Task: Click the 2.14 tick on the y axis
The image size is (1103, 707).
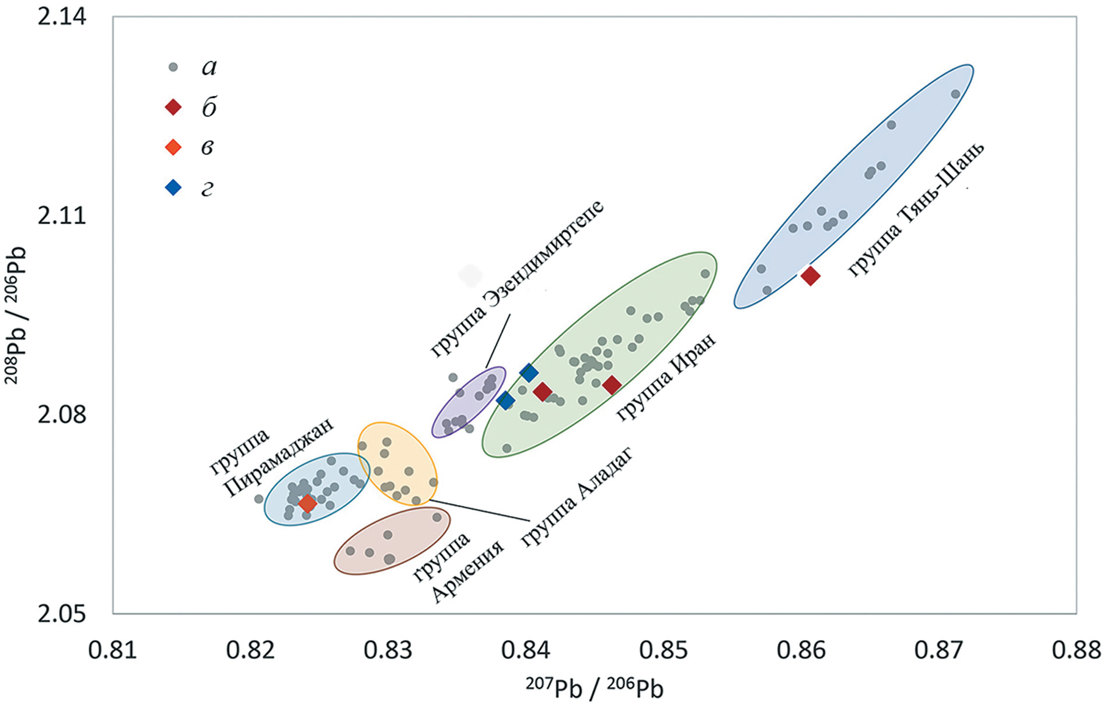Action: tap(62, 16)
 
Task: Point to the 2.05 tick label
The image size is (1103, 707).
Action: tap(62, 614)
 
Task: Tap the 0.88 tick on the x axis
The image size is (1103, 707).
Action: tap(1076, 650)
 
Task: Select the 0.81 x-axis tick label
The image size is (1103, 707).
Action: tap(113, 650)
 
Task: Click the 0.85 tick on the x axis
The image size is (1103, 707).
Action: tap(663, 650)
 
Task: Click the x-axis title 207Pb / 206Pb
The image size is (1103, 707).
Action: tap(594, 687)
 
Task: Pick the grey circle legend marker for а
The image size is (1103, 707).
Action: tap(173, 67)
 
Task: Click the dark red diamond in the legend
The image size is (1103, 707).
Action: tap(173, 107)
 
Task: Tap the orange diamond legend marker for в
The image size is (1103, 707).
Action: tap(173, 147)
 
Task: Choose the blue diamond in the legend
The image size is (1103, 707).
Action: tap(173, 187)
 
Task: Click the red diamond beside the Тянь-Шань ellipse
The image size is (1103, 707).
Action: tap(810, 276)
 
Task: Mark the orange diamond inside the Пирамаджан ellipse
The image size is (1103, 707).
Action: tap(307, 503)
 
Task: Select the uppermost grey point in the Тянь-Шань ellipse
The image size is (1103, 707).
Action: tap(955, 94)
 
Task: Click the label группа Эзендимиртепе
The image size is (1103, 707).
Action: tap(516, 278)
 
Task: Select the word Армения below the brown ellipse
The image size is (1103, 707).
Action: tap(468, 572)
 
